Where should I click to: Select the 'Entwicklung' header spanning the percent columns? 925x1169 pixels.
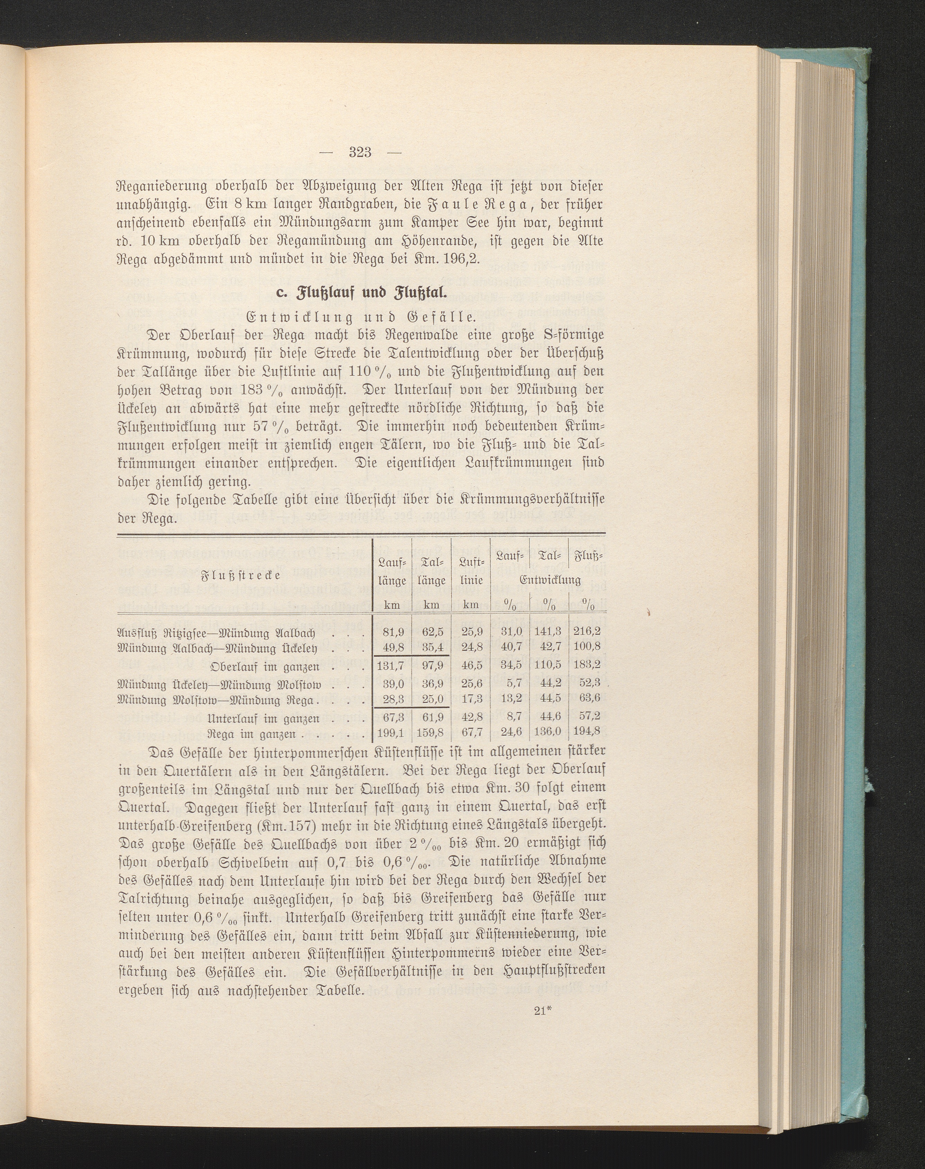550,580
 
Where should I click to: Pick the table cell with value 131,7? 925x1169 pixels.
392,666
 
